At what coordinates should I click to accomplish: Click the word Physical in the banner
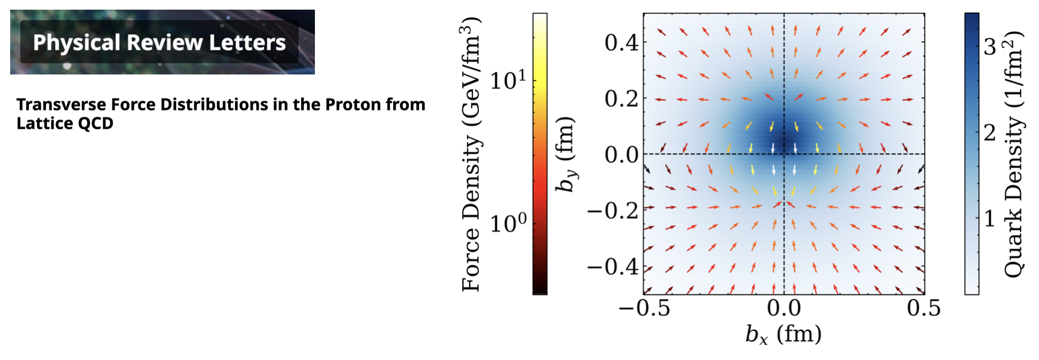pyautogui.click(x=77, y=43)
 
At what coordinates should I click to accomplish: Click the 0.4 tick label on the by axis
pyautogui.click(x=621, y=43)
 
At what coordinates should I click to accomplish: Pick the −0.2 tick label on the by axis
pyautogui.click(x=613, y=211)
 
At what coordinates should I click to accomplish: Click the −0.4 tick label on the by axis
pyautogui.click(x=613, y=266)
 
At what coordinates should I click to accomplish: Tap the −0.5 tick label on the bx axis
pyautogui.click(x=644, y=309)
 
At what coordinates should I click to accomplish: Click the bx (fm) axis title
pyautogui.click(x=783, y=334)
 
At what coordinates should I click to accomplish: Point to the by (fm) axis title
pyautogui.click(x=566, y=154)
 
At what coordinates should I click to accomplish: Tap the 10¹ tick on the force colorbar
pyautogui.click(x=508, y=80)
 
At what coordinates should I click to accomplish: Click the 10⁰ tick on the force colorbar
pyautogui.click(x=508, y=223)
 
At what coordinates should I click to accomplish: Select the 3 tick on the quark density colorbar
pyautogui.click(x=990, y=47)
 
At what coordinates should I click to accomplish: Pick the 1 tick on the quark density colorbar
pyautogui.click(x=990, y=219)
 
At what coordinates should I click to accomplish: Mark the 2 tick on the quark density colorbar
pyautogui.click(x=990, y=133)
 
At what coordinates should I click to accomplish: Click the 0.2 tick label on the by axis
pyautogui.click(x=621, y=99)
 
